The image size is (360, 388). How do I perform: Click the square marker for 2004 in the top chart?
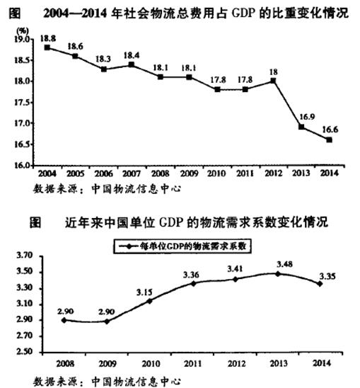[x=47, y=47]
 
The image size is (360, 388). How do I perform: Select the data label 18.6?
[x=76, y=47]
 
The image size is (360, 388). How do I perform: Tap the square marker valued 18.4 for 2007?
[x=132, y=64]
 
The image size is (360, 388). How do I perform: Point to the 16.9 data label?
[x=307, y=117]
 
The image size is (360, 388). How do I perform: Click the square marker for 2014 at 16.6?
[x=329, y=139]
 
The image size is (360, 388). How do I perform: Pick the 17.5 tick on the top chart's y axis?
[x=22, y=103]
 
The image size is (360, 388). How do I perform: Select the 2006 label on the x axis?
[x=103, y=173]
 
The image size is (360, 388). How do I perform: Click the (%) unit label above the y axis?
[x=23, y=31]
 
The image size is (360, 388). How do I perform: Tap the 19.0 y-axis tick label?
[x=22, y=40]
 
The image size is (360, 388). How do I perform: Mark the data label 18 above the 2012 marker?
[x=273, y=72]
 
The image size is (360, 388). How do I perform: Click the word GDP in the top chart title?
[x=244, y=13]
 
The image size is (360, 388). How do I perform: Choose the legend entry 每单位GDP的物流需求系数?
[x=182, y=246]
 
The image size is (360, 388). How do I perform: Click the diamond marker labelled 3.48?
[x=278, y=274]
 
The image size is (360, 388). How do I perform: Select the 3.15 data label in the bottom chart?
[x=144, y=292]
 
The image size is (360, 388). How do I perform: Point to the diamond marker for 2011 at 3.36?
[x=193, y=284]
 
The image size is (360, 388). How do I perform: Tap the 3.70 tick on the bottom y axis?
[x=24, y=256]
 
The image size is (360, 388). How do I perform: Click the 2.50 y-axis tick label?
[x=24, y=352]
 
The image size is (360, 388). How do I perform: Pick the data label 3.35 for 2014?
[x=327, y=276]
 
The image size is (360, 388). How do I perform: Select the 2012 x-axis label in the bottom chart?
[x=236, y=363]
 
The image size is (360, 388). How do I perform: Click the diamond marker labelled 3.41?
[x=235, y=280]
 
